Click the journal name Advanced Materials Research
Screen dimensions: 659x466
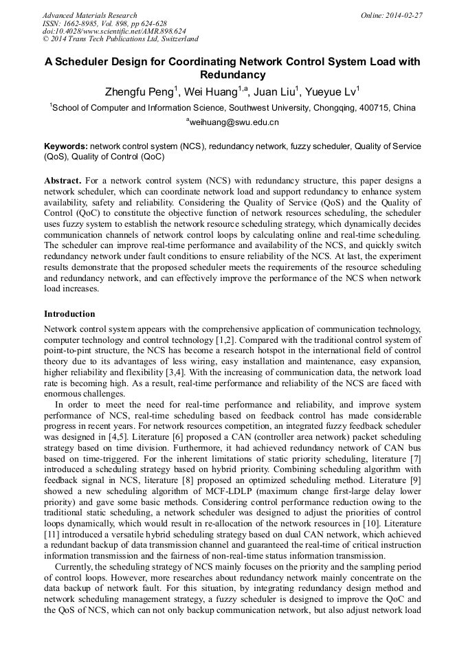click(89, 15)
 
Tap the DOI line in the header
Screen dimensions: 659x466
click(114, 31)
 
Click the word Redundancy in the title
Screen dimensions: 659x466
click(232, 75)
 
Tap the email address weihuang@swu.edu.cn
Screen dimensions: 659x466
click(234, 122)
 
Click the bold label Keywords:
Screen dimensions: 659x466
click(66, 146)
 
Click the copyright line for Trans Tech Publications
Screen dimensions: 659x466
click(120, 39)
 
